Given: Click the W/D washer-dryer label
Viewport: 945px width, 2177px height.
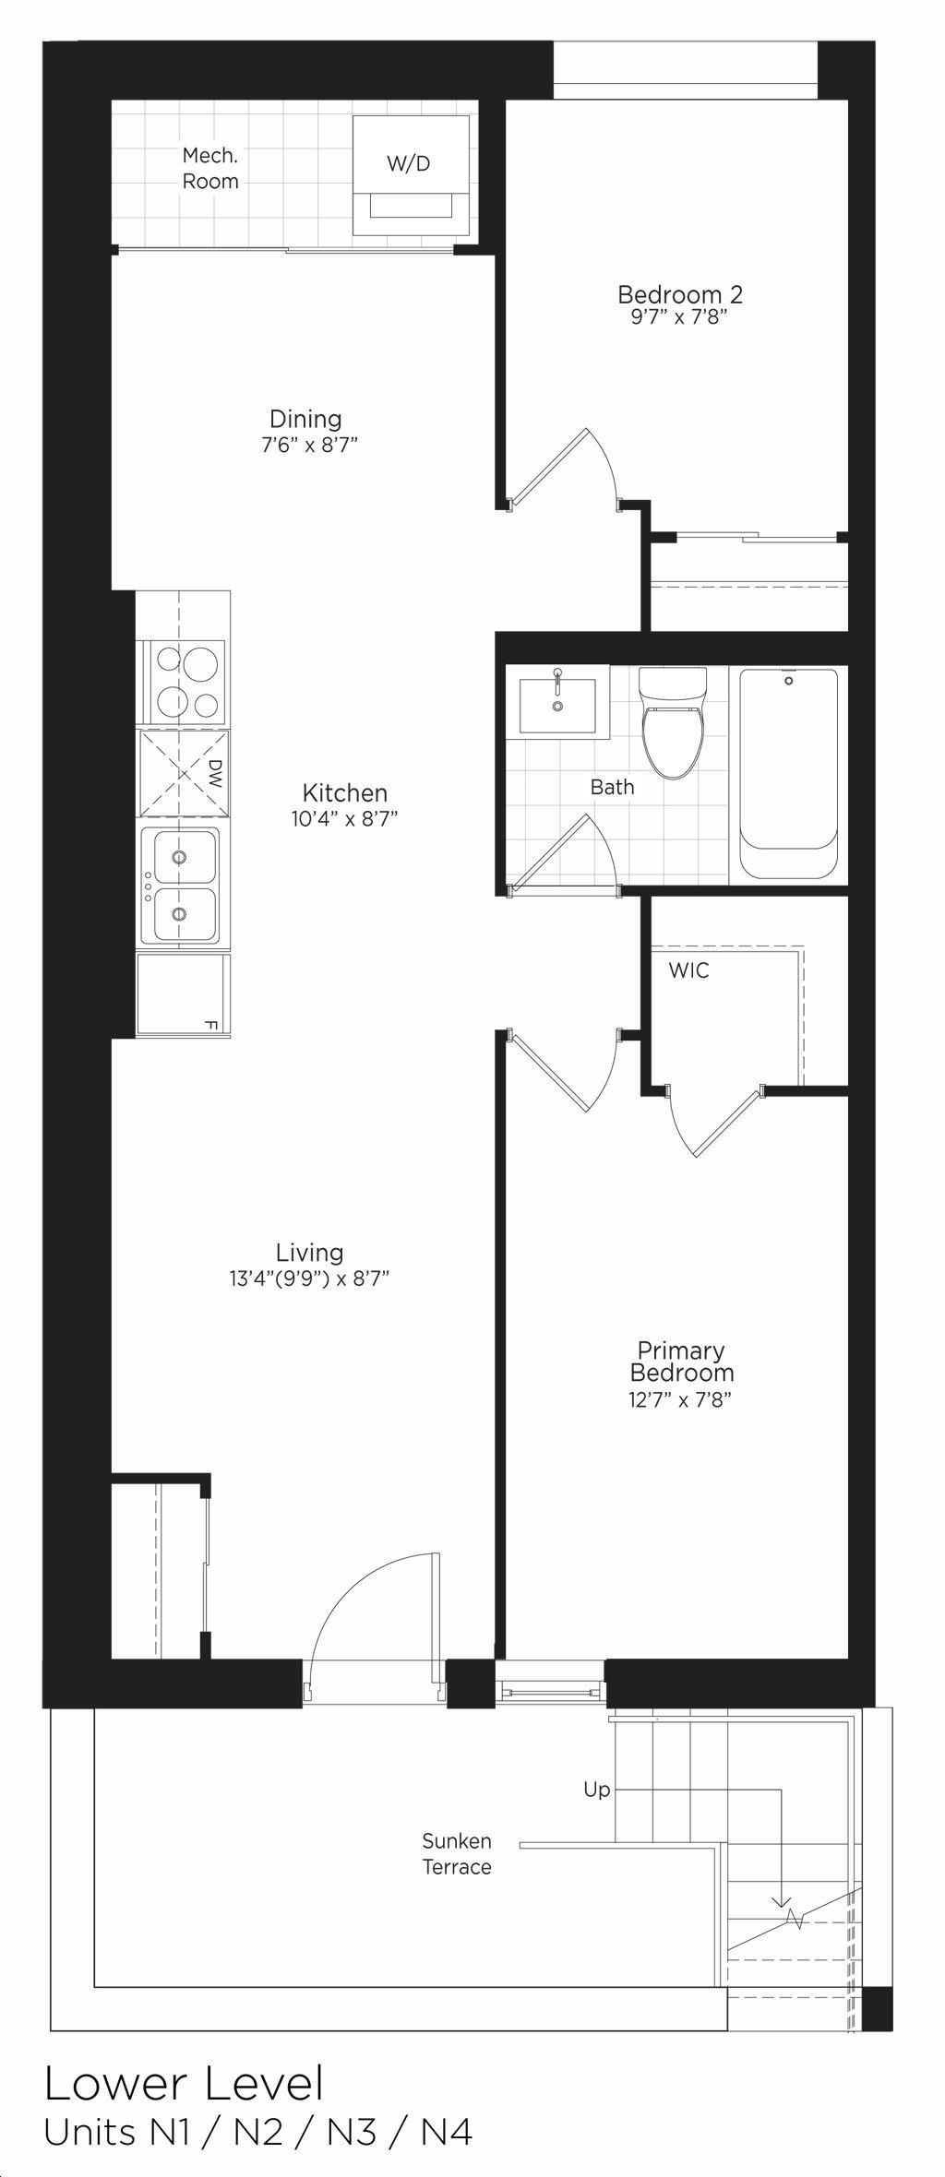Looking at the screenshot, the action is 408,164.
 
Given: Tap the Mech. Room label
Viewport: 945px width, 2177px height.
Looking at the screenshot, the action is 210,168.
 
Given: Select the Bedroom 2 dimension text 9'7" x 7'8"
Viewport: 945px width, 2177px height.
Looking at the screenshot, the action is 681,317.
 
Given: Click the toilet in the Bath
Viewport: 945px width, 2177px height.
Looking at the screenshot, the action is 673,721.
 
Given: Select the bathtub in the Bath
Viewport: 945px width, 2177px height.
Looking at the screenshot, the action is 789,773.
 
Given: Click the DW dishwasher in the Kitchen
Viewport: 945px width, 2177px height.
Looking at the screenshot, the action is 184,773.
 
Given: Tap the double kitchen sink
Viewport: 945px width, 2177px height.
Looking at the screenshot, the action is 180,886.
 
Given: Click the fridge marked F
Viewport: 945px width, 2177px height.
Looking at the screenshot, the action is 183,995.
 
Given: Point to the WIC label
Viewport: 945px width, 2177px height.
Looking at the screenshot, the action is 689,970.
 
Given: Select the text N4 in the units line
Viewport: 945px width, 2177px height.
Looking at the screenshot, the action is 447,2124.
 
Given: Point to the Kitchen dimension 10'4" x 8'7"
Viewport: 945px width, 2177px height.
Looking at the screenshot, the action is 345,818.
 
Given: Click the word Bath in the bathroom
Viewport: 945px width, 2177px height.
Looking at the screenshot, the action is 613,787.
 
